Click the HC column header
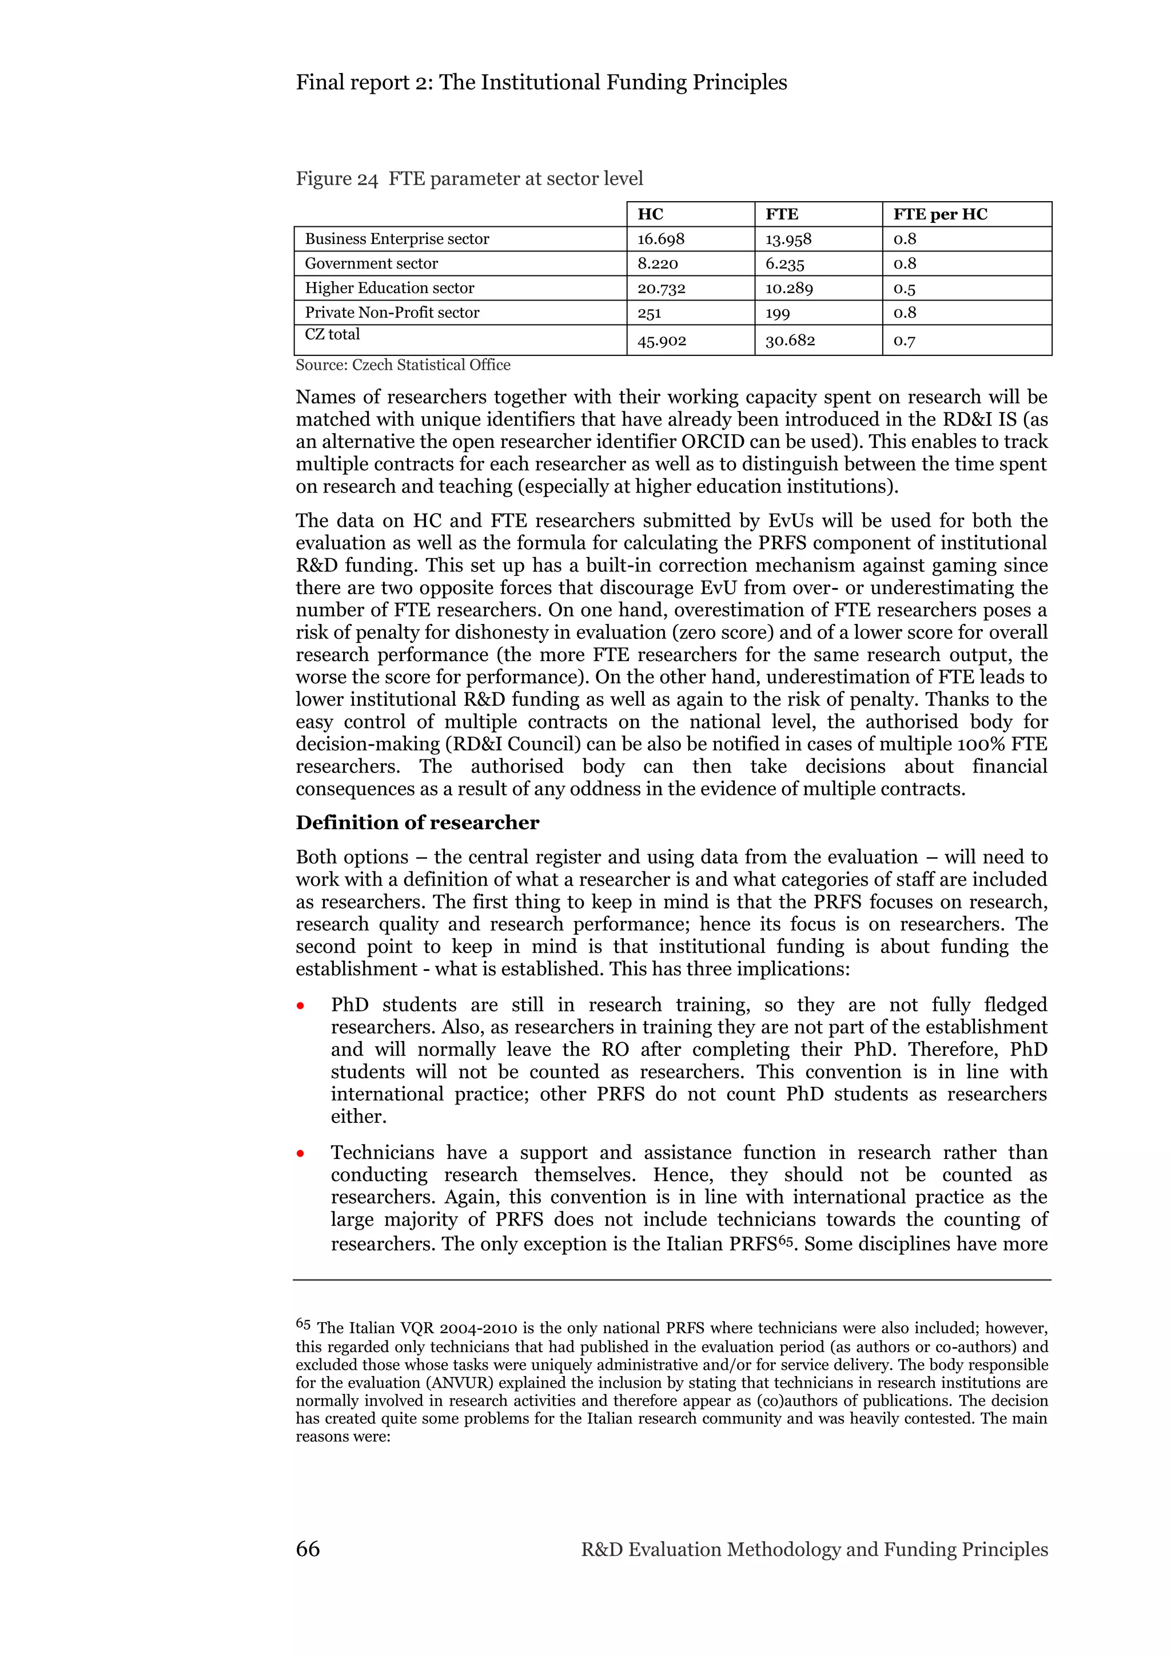click(650, 214)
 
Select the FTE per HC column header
click(939, 214)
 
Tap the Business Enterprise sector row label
click(397, 239)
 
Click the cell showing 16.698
click(661, 239)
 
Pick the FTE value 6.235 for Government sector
click(784, 264)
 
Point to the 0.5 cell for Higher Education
click(905, 289)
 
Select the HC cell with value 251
click(650, 313)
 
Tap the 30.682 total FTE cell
click(790, 341)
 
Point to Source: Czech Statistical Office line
click(403, 365)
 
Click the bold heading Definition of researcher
click(417, 823)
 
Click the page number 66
click(308, 1549)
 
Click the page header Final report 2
click(541, 82)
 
